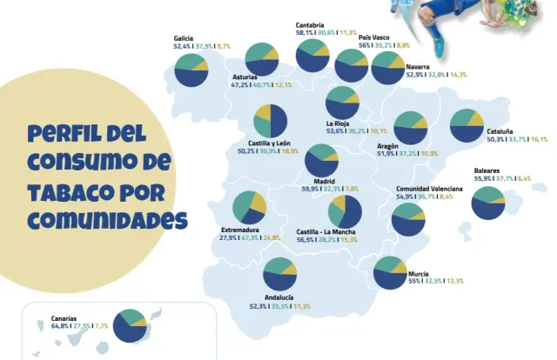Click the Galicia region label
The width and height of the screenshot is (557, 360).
pyautogui.click(x=184, y=38)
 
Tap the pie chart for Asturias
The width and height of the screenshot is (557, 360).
pyautogui.click(x=262, y=58)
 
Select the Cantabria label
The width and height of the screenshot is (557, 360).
pyautogui.click(x=310, y=24)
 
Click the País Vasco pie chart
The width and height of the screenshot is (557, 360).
pyautogui.click(x=351, y=66)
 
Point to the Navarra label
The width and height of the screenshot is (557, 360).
pyautogui.click(x=419, y=66)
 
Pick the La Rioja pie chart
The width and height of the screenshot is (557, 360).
pyautogui.click(x=342, y=102)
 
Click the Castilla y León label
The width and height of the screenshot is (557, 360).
pyautogui.click(x=262, y=143)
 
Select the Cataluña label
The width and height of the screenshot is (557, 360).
pyautogui.click(x=499, y=130)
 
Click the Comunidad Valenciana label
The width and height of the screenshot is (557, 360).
pyautogui.click(x=429, y=189)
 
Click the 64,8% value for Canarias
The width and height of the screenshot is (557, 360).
pyautogui.click(x=60, y=326)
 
